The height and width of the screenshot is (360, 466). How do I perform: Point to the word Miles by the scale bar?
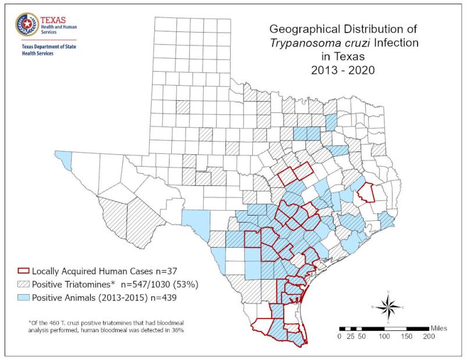point(438,328)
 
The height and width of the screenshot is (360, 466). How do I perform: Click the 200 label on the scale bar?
point(428,337)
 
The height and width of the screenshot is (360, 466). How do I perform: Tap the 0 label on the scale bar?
point(340,337)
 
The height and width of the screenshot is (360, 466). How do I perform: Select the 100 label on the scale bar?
point(384,337)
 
